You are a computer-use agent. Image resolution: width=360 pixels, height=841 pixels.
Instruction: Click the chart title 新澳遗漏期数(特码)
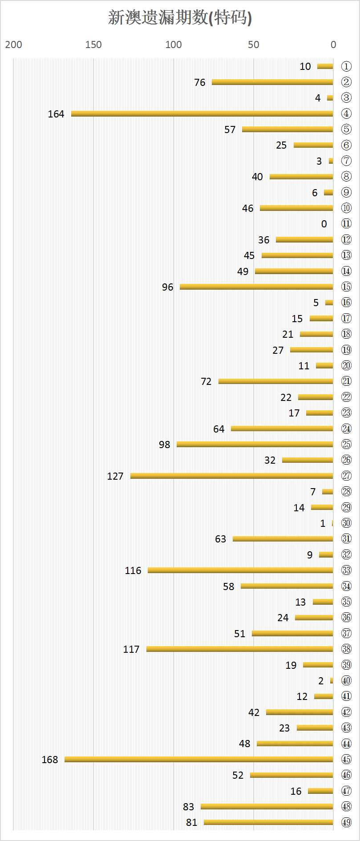[x=180, y=18]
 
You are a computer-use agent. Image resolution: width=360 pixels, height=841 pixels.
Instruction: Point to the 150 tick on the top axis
[x=93, y=44]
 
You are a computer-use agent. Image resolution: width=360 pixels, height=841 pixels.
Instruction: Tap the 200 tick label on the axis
[x=13, y=44]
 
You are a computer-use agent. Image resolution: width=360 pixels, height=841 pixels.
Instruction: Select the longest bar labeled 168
[x=198, y=759]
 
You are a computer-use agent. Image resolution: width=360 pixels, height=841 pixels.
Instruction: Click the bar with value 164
[x=202, y=113]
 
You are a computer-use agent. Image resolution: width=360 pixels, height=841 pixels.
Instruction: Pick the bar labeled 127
[x=231, y=476]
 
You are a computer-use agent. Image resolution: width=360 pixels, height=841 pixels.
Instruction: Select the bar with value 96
[x=256, y=287]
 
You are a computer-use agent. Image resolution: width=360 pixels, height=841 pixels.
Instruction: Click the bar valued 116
[x=240, y=570]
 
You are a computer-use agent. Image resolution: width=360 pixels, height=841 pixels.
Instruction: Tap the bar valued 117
[x=239, y=649]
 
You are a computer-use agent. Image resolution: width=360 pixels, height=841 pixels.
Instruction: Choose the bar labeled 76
[x=272, y=82]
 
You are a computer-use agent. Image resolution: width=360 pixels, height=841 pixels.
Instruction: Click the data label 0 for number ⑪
[x=324, y=224]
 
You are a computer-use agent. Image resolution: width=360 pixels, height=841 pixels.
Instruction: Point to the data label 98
[x=165, y=445]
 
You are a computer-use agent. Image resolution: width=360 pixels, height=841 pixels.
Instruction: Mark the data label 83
[x=189, y=806]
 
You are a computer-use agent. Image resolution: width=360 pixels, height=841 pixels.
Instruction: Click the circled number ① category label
[x=346, y=66]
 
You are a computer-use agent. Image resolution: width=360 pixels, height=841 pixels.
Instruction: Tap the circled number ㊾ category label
[x=346, y=822]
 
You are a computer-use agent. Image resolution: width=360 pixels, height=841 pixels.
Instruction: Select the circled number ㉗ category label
[x=346, y=476]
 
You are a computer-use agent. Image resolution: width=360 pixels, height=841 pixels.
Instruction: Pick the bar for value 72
[x=275, y=381]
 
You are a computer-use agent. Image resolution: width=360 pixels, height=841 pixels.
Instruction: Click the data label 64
[x=219, y=429]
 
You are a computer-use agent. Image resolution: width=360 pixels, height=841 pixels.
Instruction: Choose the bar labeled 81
[x=268, y=822]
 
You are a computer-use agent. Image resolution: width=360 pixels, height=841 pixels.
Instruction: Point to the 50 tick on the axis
[x=254, y=44]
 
